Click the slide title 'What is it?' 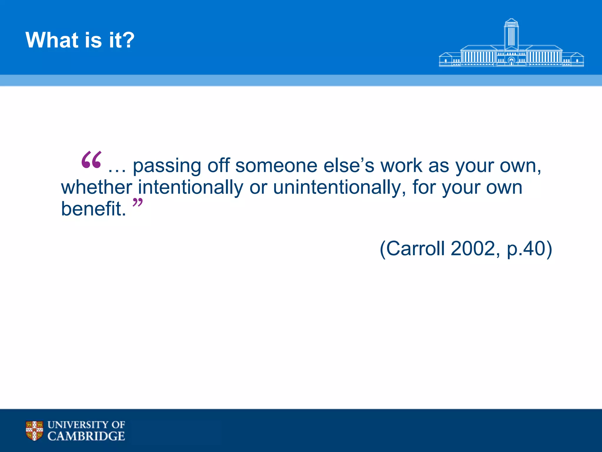pos(80,40)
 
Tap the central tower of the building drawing pos(511,34)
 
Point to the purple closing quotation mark pos(137,203)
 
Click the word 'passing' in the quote pos(167,166)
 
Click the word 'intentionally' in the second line pos(190,188)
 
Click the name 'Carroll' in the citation pos(415,249)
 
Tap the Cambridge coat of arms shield pos(34,431)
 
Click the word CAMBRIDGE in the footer pos(86,436)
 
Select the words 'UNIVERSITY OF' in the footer pos(86,425)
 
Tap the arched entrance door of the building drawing pos(511,62)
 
